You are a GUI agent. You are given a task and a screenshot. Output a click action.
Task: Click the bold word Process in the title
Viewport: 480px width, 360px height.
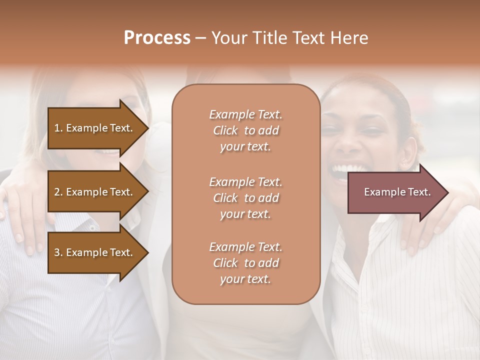(x=157, y=38)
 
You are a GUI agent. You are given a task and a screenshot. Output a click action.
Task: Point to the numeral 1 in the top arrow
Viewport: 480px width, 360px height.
(x=57, y=128)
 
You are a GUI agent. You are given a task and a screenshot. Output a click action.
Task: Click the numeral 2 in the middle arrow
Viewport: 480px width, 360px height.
(x=57, y=192)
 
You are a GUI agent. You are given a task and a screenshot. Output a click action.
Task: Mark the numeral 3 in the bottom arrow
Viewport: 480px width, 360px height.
(x=57, y=252)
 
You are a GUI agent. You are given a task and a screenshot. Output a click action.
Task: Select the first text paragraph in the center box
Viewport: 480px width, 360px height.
(x=245, y=130)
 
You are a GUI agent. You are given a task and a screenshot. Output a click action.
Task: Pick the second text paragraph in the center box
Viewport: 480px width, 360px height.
(x=245, y=198)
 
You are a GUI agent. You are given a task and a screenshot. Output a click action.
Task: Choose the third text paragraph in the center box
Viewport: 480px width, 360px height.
(x=245, y=263)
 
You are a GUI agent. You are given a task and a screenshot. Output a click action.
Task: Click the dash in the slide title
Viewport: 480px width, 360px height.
(x=200, y=38)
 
